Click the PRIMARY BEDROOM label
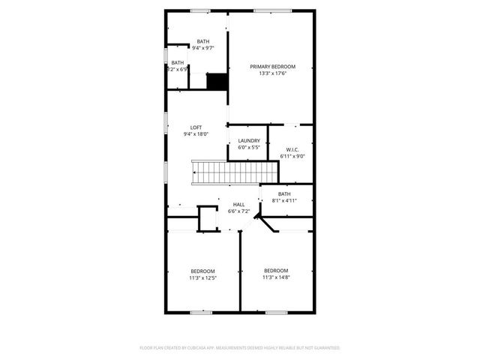[272, 67]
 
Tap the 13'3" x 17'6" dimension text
[272, 73]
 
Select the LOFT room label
[196, 127]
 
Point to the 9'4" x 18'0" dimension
[196, 134]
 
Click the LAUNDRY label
[249, 141]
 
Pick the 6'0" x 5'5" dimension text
[249, 148]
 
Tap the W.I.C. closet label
[292, 149]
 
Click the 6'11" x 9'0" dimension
[292, 156]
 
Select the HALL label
[238, 205]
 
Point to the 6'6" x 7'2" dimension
[238, 211]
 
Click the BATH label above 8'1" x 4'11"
[284, 194]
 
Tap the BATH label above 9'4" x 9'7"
[203, 41]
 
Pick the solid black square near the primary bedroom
[217, 81]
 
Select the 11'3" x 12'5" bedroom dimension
[202, 278]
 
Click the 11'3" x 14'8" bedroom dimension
[275, 277]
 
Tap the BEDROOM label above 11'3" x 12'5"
[202, 271]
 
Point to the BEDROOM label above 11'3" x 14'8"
[275, 271]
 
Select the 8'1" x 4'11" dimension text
[284, 201]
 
